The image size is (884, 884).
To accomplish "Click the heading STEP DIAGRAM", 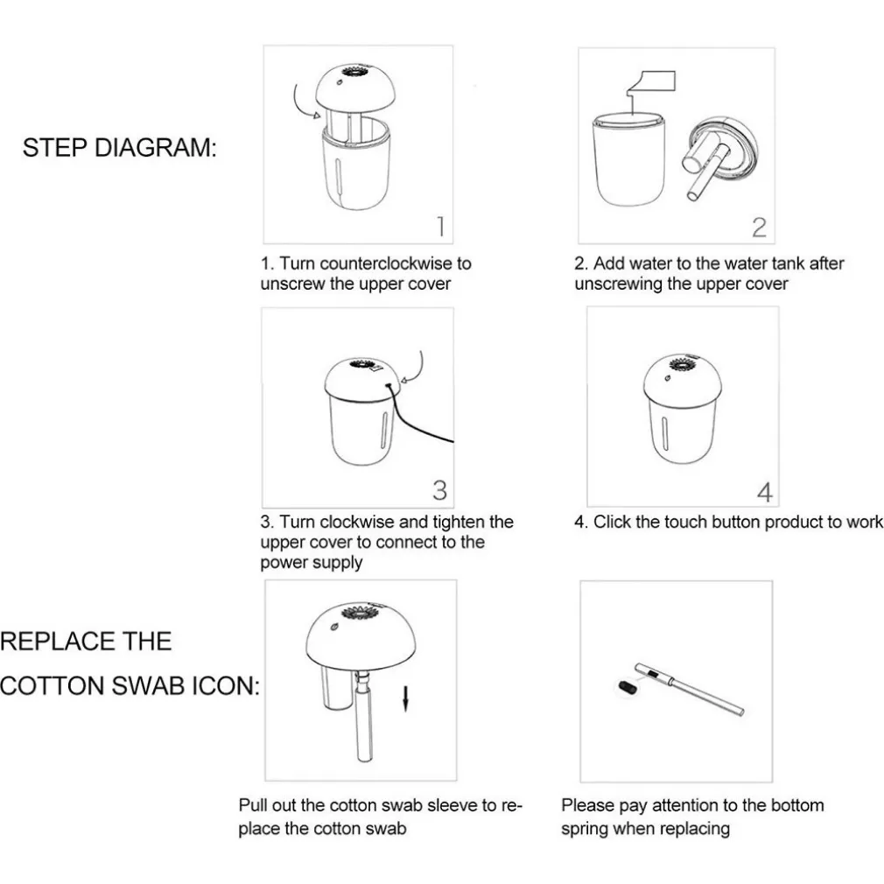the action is [x=120, y=148].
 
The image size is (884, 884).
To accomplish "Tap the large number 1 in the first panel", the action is [x=441, y=227].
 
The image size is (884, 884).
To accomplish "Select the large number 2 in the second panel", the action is [x=759, y=228].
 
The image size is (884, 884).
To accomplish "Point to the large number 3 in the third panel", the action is [x=439, y=490].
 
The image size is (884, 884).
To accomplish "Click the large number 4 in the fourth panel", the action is [x=764, y=492].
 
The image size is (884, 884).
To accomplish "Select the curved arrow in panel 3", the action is [x=416, y=369].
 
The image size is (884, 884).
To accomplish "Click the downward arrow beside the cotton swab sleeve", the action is [x=404, y=698].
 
